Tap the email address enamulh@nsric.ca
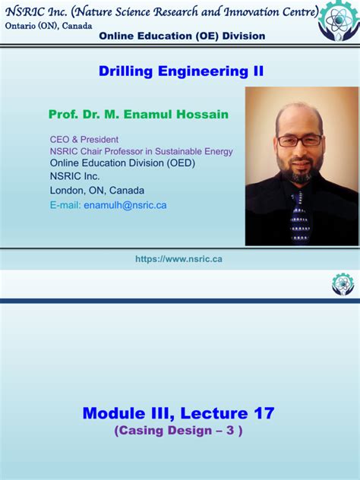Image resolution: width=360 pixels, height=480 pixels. pos(125,205)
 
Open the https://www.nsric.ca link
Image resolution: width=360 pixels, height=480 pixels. pos(178,259)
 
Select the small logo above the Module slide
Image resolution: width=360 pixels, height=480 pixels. pos(343,285)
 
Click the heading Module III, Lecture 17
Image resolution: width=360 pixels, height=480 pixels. pos(178,413)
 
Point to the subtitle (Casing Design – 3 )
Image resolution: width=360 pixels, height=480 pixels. pos(178,431)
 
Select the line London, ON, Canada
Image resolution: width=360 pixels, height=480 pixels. pos(97,191)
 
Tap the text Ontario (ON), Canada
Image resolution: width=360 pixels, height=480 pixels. pos(49,25)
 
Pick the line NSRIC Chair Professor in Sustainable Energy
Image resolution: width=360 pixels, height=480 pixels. pos(141,151)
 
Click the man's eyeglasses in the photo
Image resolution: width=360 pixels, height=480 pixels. pos(299,141)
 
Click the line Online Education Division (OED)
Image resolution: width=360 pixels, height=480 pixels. pos(112,163)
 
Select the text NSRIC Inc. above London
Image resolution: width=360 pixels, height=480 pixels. pos(74,177)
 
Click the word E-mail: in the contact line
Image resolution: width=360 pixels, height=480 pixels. pos(66,205)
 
